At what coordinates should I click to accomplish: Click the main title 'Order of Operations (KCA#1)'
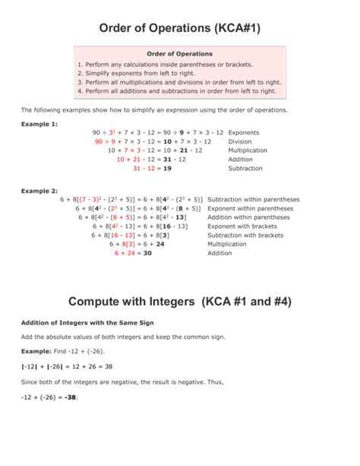point(180,28)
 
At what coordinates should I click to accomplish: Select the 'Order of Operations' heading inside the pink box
point(179,54)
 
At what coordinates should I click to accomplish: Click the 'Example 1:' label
point(39,122)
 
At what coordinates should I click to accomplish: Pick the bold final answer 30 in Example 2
point(148,253)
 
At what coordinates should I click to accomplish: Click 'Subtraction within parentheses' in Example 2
point(253,199)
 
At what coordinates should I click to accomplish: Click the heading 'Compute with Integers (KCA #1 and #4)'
point(180,302)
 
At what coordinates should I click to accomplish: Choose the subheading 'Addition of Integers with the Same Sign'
point(87,322)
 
